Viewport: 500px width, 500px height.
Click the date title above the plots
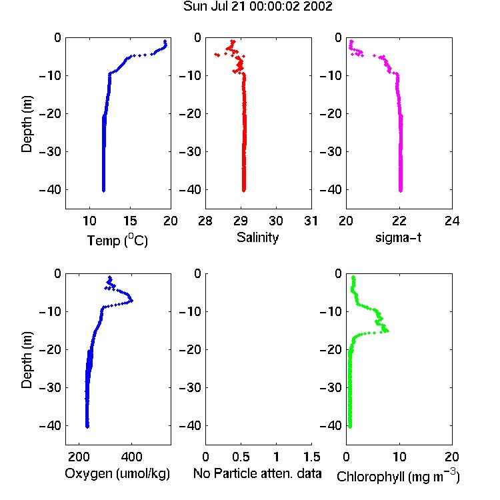tap(257, 7)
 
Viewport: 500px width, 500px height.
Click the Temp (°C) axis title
tap(117, 240)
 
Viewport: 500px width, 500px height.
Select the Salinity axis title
tap(257, 237)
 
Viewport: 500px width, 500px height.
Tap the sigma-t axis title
tap(398, 237)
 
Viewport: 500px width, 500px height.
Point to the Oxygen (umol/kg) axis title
tap(117, 473)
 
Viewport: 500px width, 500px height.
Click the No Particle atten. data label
tap(257, 473)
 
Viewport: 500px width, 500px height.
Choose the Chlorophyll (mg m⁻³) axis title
tap(398, 476)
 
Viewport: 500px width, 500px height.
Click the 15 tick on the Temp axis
tap(130, 221)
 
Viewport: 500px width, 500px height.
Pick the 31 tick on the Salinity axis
tap(311, 221)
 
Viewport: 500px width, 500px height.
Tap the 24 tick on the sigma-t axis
tap(452, 221)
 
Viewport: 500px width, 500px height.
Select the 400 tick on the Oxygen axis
tap(131, 457)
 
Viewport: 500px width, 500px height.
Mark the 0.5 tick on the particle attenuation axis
tap(241, 457)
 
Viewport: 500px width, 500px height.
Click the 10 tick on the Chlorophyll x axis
tap(399, 457)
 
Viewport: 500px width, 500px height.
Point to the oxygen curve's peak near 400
tap(131, 301)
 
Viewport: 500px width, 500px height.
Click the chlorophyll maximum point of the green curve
tap(387, 331)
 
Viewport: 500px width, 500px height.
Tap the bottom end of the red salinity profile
tap(243, 191)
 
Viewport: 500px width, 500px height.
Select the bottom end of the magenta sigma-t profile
tap(401, 191)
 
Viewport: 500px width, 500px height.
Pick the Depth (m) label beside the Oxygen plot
tap(27, 360)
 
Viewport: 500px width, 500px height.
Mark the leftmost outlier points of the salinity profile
tap(217, 55)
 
